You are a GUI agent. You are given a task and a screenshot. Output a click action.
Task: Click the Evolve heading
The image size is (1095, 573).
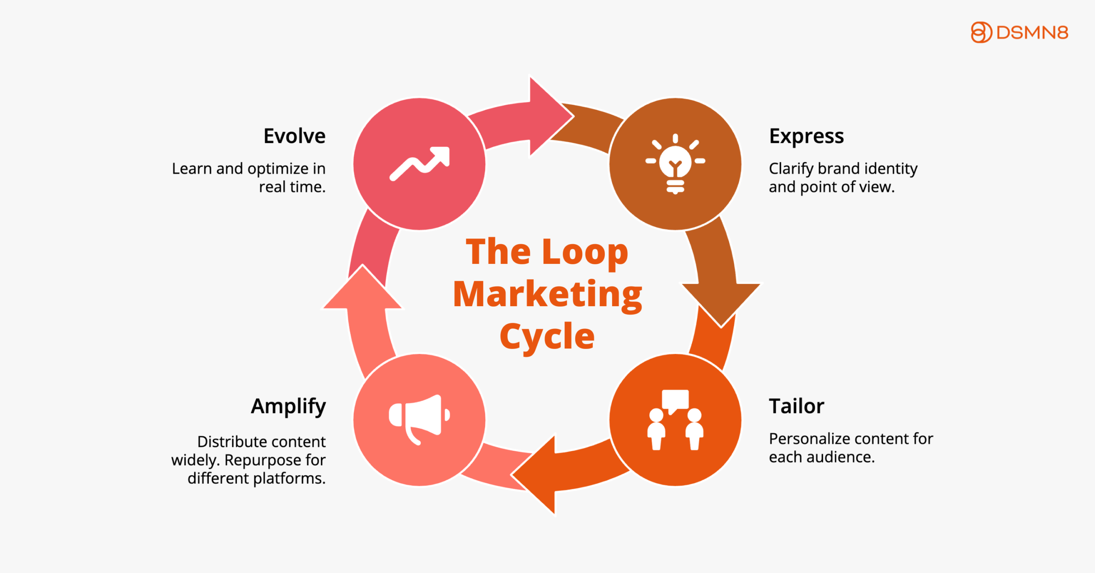294,136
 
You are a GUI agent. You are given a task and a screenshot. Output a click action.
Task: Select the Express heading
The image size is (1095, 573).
806,136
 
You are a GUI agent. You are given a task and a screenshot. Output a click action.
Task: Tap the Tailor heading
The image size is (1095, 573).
796,406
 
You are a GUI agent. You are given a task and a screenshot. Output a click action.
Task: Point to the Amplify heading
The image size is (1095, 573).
288,406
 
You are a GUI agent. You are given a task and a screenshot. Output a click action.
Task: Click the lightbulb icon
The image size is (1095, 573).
675,164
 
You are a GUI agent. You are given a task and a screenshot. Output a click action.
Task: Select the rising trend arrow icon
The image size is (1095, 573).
420,164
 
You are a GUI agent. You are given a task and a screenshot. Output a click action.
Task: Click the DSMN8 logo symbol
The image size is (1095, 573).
981,32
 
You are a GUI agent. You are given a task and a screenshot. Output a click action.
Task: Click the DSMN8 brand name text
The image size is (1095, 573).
1032,33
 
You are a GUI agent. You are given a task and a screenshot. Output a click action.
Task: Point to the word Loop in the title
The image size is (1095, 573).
585,252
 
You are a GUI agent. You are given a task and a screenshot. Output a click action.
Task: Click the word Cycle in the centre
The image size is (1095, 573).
547,337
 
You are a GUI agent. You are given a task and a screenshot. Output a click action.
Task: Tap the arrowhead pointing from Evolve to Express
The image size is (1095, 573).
549,116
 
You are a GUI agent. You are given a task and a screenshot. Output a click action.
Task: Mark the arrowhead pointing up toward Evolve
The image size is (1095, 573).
363,289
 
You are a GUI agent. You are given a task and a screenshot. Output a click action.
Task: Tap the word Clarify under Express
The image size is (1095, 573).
791,169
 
